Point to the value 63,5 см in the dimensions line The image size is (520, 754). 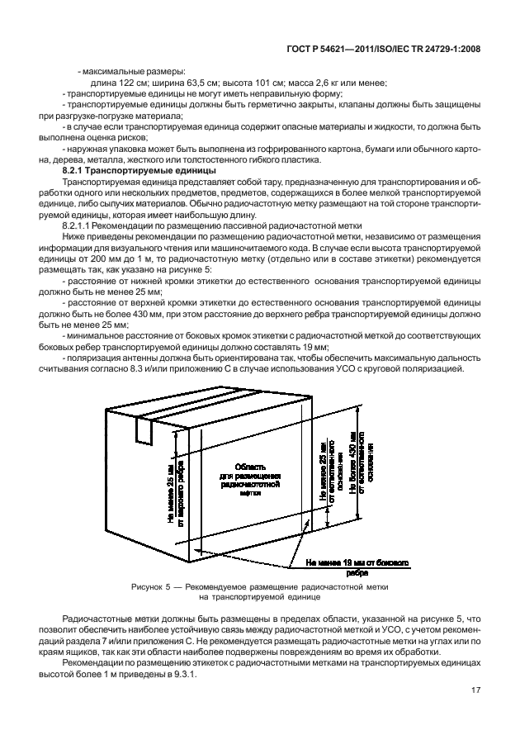208,83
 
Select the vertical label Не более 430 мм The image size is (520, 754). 353,462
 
